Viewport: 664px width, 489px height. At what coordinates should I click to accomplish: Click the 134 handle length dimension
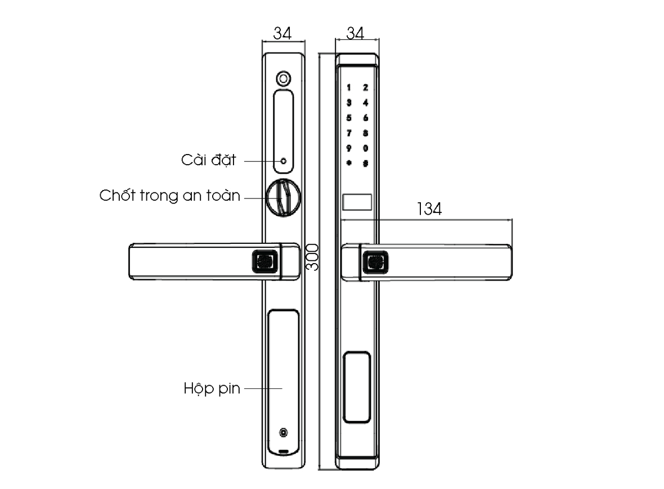429,209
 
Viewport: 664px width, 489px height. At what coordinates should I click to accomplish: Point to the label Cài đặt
208,160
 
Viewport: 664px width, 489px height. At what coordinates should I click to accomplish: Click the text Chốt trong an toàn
170,196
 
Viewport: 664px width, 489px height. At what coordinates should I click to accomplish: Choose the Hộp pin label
212,388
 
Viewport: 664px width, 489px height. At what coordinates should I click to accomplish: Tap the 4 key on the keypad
366,102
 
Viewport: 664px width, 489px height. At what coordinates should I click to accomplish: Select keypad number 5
349,118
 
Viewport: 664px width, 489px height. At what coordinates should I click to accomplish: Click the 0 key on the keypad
366,148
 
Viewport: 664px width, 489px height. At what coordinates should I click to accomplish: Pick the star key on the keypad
349,164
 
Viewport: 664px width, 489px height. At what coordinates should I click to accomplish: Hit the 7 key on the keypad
349,133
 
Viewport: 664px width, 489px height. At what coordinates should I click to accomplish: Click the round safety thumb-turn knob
283,196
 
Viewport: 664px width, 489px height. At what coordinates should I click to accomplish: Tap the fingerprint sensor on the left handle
264,261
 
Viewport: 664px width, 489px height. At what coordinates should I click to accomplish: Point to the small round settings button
283,161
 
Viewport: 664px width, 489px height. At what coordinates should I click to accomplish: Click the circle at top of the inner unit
284,78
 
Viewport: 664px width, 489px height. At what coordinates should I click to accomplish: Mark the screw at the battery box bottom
284,433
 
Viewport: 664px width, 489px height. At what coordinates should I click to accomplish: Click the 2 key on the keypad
366,87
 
